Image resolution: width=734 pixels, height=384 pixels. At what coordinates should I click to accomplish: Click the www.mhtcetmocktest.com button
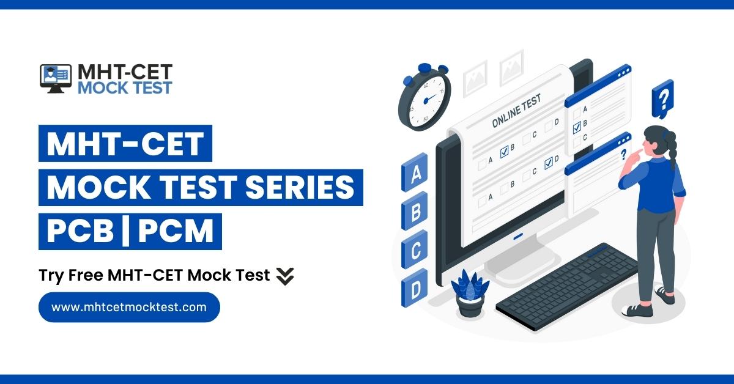tap(129, 307)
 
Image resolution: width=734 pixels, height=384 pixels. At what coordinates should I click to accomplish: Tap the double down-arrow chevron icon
tap(285, 276)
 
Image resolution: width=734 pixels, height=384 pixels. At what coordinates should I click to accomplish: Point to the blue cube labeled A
tap(416, 174)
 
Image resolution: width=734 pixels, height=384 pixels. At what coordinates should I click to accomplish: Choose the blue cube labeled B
tap(415, 212)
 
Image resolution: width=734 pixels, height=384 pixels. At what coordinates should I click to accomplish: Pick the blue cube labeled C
tap(415, 250)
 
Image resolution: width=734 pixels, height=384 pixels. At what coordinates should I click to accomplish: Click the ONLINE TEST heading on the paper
tap(516, 113)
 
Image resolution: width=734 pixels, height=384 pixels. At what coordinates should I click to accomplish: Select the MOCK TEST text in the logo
tap(125, 87)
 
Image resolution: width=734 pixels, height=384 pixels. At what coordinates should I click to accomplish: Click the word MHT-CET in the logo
tap(125, 72)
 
